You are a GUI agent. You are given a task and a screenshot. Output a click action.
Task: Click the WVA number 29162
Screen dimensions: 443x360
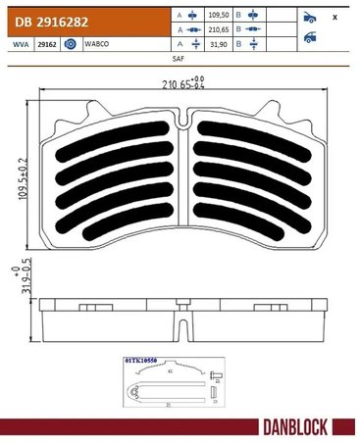pyautogui.click(x=45, y=44)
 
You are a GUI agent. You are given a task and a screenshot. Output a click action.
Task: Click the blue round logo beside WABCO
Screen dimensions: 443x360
pyautogui.click(x=71, y=44)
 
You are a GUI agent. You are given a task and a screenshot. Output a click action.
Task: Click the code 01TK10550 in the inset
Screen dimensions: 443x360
pyautogui.click(x=141, y=361)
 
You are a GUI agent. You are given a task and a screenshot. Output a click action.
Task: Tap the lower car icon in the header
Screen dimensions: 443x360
pyautogui.click(x=311, y=38)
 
